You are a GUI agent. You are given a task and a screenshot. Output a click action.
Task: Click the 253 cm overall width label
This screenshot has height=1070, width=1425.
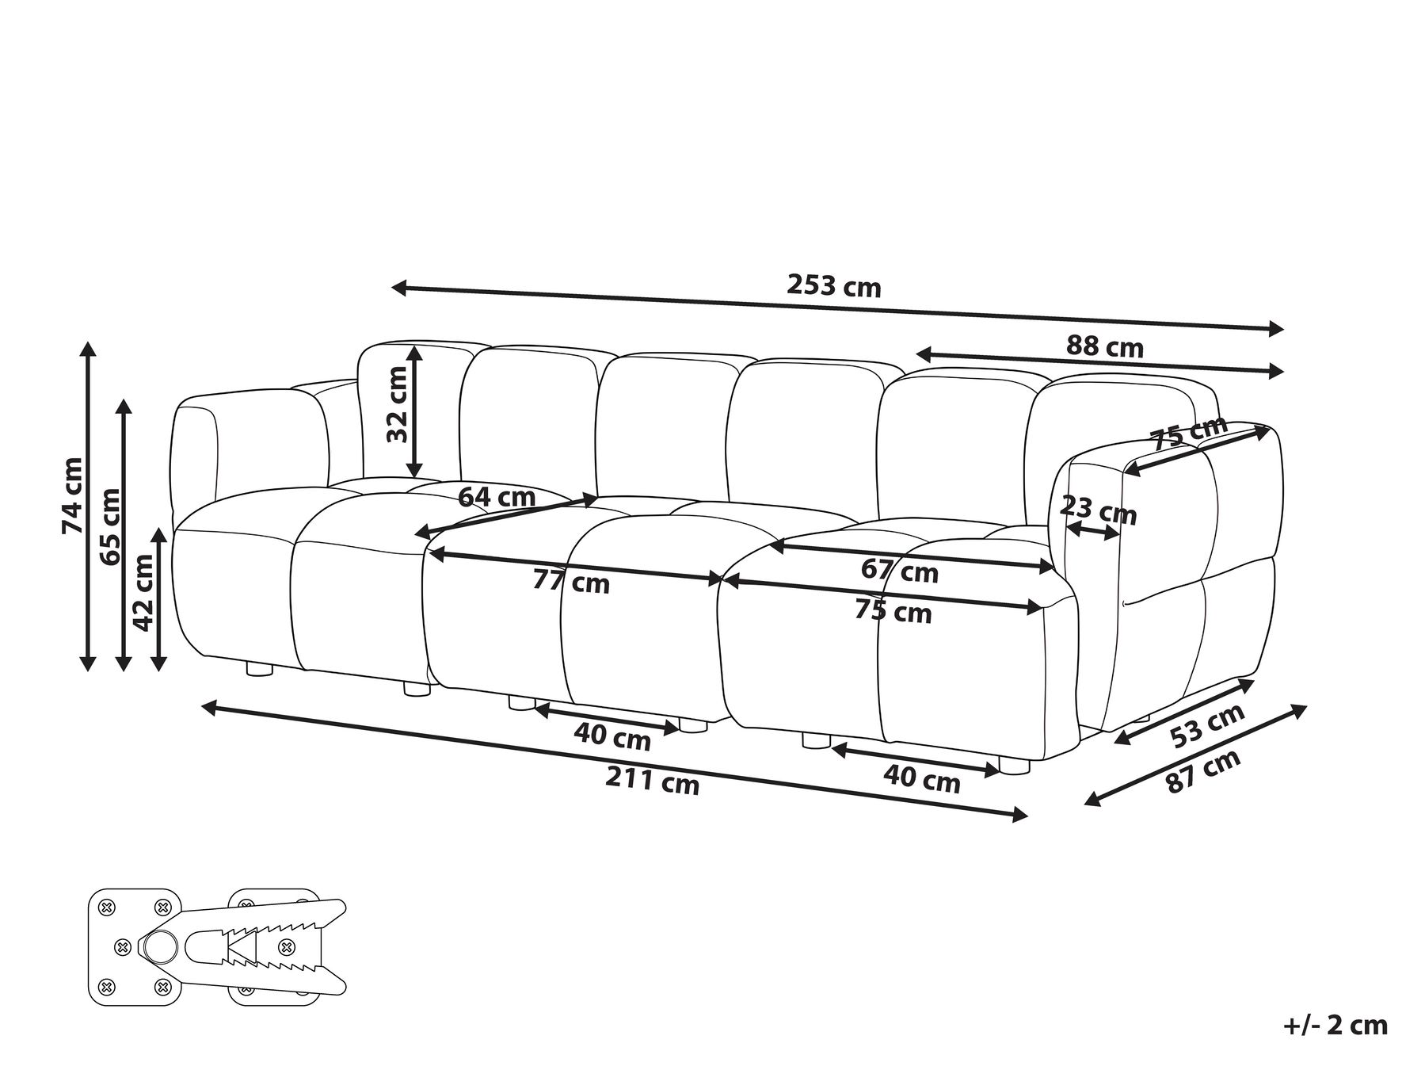click(833, 285)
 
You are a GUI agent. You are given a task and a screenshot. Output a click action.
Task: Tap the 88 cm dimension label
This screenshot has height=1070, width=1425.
click(1104, 346)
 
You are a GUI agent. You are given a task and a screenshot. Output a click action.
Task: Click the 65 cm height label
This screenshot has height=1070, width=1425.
click(110, 526)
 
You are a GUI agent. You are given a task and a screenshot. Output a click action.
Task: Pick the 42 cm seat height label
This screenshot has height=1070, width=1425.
click(143, 592)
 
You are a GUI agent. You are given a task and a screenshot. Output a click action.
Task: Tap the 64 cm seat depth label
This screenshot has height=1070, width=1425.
click(497, 497)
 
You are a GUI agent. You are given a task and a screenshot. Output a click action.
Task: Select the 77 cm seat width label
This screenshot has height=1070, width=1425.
click(571, 582)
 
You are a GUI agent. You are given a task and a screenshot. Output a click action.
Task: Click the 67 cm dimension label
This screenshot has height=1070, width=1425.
click(899, 571)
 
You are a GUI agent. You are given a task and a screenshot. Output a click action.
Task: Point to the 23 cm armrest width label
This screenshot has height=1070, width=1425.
click(1098, 510)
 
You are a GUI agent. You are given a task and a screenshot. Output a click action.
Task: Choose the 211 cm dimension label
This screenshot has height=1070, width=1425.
click(653, 781)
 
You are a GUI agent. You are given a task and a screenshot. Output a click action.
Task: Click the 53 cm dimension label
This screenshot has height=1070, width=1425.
click(1207, 726)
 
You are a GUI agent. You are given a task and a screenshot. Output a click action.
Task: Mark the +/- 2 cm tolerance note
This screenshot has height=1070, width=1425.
click(1335, 1025)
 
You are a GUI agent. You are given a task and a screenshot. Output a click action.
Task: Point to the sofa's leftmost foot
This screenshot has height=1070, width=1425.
click(259, 670)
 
